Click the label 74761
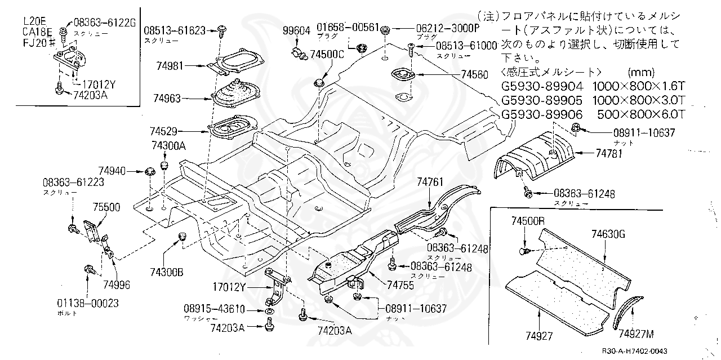431,181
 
